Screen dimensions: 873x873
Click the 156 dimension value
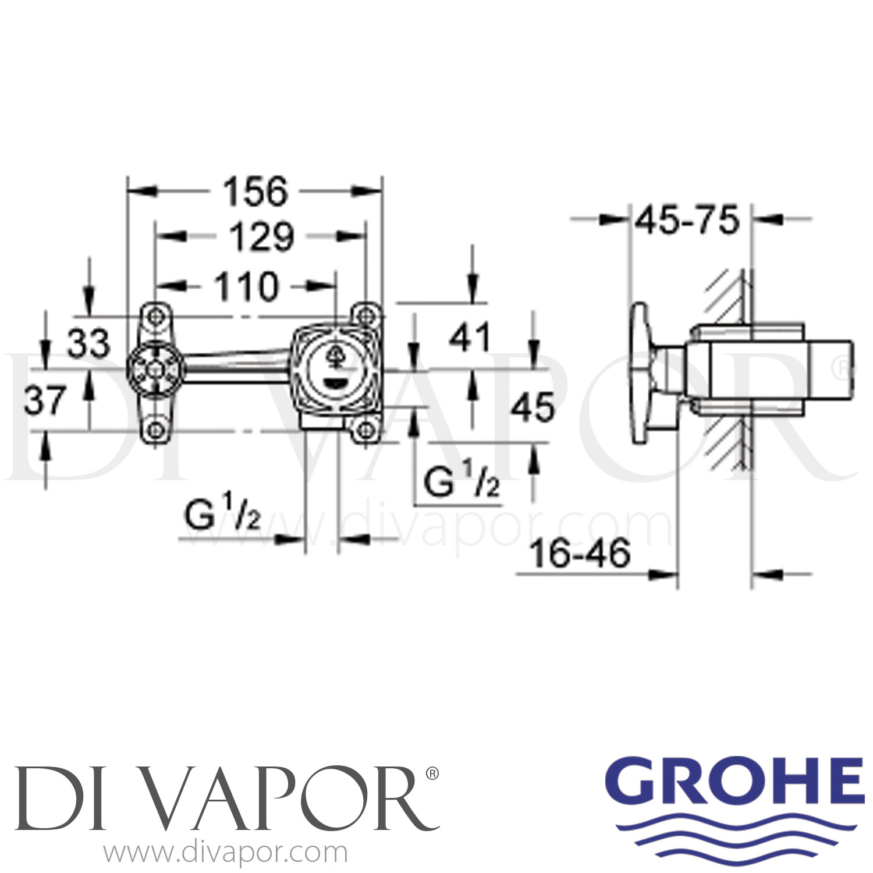tap(256, 191)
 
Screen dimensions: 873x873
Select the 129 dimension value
tap(261, 237)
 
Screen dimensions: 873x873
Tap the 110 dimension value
tap(247, 287)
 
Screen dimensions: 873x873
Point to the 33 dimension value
tap(88, 343)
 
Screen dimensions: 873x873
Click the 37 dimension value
tap(45, 400)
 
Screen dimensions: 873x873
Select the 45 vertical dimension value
tap(533, 407)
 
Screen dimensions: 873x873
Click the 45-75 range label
tap(687, 221)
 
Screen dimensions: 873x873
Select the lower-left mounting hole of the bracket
tap(155, 431)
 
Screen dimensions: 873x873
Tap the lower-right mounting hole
tap(365, 431)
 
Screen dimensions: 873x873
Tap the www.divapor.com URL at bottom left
tap(225, 853)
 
